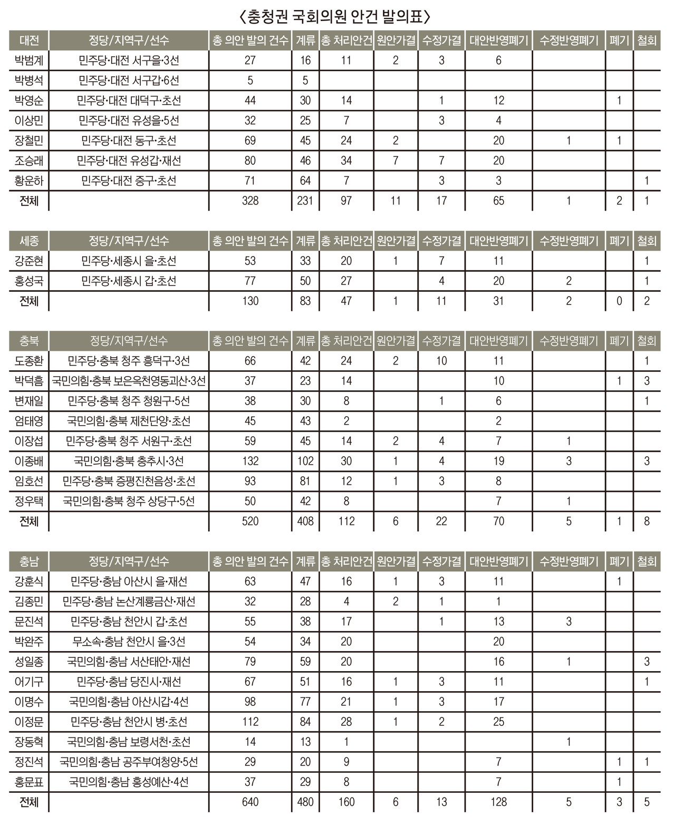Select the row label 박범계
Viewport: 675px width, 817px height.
pyautogui.click(x=29, y=61)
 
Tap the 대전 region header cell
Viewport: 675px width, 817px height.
pyautogui.click(x=29, y=41)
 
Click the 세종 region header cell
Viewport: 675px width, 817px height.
pyautogui.click(x=29, y=241)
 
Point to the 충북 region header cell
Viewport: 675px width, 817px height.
pyautogui.click(x=29, y=341)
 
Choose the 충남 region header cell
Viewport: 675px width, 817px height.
pyautogui.click(x=29, y=562)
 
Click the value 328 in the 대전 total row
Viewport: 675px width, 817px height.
pyautogui.click(x=250, y=201)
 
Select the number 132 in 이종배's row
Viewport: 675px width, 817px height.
pyautogui.click(x=250, y=461)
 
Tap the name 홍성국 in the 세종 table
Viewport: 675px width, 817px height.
pyautogui.click(x=29, y=281)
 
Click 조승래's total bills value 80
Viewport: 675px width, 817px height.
pyautogui.click(x=250, y=161)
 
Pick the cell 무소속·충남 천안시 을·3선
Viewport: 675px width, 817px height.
pyautogui.click(x=129, y=642)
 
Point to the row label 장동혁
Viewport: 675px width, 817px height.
pyautogui.click(x=29, y=742)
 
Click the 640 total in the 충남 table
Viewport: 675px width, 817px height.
pyautogui.click(x=250, y=802)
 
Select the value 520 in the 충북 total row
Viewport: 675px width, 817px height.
pyautogui.click(x=250, y=521)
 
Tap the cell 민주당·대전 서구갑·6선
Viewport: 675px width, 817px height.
pyautogui.click(x=129, y=81)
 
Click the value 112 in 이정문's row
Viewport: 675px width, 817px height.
pyautogui.click(x=250, y=722)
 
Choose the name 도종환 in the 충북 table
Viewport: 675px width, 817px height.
pyautogui.click(x=29, y=361)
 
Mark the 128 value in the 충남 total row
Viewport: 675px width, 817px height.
pyautogui.click(x=498, y=802)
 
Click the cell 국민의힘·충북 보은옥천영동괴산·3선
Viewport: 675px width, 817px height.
pyautogui.click(x=129, y=381)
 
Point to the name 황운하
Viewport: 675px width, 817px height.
pyautogui.click(x=29, y=181)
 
